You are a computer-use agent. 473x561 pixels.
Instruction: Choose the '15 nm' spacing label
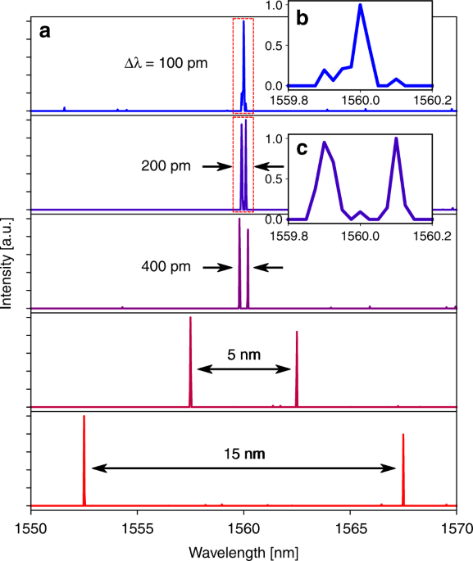tap(243, 452)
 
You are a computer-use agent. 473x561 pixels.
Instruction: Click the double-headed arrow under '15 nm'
tap(243, 468)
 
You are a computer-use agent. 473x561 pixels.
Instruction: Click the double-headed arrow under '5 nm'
tap(243, 370)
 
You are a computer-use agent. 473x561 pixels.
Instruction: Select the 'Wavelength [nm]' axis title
tap(243, 548)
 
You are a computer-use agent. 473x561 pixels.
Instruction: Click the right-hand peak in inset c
tap(396, 138)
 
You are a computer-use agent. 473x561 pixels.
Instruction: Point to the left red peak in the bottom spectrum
tap(84, 418)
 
